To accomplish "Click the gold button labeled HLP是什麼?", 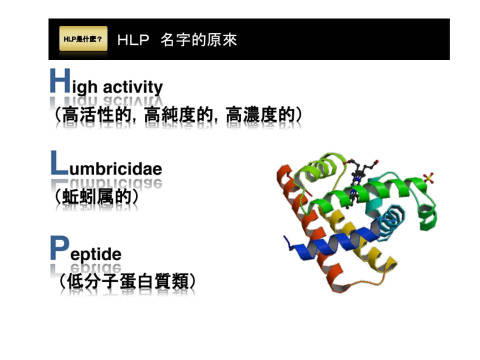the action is pyautogui.click(x=83, y=38).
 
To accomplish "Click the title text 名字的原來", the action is pyautogui.click(x=198, y=40).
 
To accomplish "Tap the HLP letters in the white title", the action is pyautogui.click(x=133, y=40).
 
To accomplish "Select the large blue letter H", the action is pyautogui.click(x=60, y=80).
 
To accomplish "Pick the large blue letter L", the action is pyautogui.click(x=59, y=163).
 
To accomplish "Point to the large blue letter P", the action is pyautogui.click(x=59, y=248).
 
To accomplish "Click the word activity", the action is pyautogui.click(x=133, y=87).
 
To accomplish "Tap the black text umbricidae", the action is pyautogui.click(x=115, y=168).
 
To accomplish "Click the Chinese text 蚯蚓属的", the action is pyautogui.click(x=96, y=196).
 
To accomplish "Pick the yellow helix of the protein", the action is pyautogui.click(x=361, y=239).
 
